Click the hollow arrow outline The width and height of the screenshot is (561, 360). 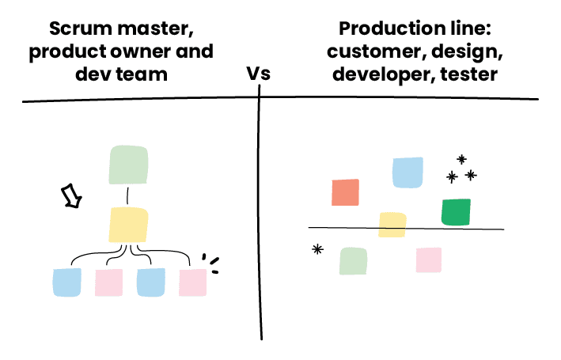click(72, 195)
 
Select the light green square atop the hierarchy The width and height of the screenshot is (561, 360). click(127, 165)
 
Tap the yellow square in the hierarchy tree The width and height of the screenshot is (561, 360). click(127, 225)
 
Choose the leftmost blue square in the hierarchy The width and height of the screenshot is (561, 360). click(66, 282)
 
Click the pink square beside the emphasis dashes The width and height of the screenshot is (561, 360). click(192, 282)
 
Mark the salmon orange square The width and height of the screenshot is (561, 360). click(345, 192)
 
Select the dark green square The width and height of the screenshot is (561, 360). click(456, 212)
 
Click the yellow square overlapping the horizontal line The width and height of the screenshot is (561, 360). click(392, 225)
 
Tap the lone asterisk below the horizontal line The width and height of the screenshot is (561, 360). click(317, 249)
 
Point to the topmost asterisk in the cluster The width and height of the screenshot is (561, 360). click(461, 160)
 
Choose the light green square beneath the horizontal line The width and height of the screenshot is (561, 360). click(353, 261)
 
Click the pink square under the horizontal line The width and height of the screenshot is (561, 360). click(428, 260)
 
